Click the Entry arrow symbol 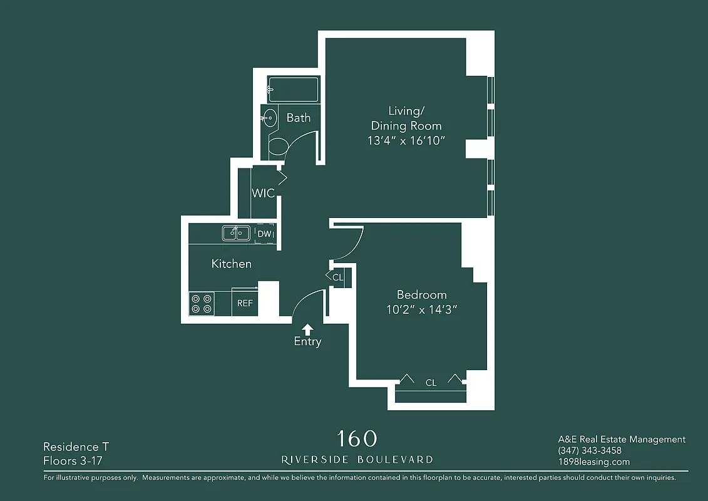tap(307, 329)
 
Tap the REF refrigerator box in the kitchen tap(245, 302)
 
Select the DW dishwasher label tap(264, 234)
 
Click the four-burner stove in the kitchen tap(202, 304)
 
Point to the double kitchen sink tap(236, 233)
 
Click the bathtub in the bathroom tap(294, 89)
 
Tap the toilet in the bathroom tap(277, 147)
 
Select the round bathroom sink tap(270, 117)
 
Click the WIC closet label tap(263, 193)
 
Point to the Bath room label tap(299, 117)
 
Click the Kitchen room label tap(232, 264)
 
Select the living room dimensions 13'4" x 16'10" tap(406, 141)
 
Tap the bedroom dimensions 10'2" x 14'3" tap(422, 310)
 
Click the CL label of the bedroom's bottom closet tap(431, 383)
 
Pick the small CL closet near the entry tap(338, 277)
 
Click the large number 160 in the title tap(357, 438)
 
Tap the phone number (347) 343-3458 tap(589, 451)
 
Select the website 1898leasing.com tap(593, 462)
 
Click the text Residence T tap(76, 447)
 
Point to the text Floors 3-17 tap(73, 462)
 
